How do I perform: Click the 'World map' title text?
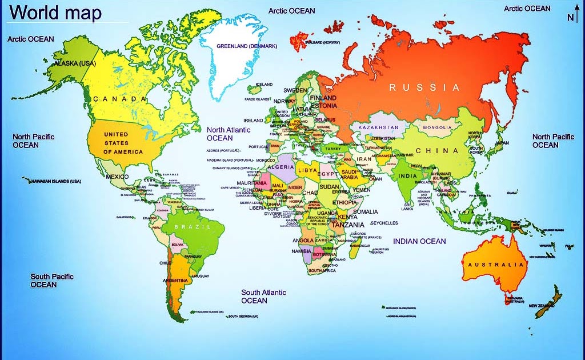tap(57, 12)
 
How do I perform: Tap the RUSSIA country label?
tap(424, 87)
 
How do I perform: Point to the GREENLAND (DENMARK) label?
tap(246, 46)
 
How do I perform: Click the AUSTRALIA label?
tap(496, 265)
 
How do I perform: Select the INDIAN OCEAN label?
tap(419, 241)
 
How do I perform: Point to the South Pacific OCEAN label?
tap(51, 281)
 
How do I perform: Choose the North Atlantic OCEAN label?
tap(229, 134)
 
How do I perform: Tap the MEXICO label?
tap(117, 177)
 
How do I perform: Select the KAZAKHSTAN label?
tap(378, 127)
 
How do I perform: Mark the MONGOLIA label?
tap(438, 127)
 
